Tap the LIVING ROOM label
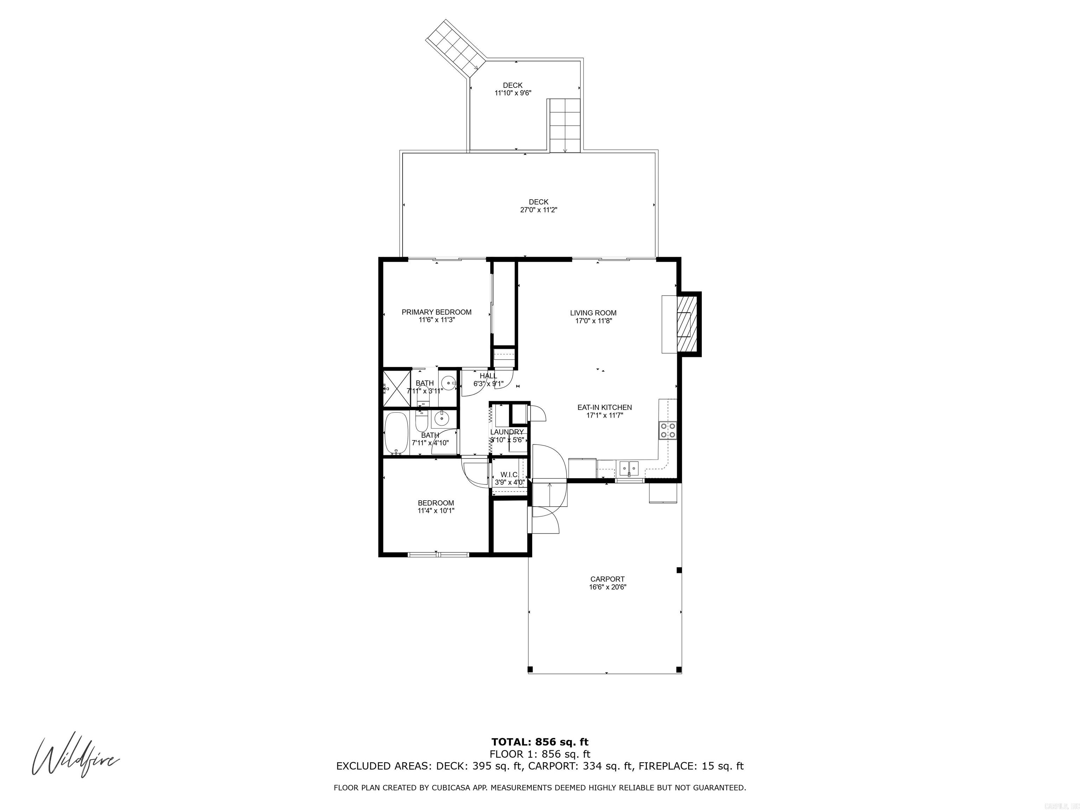pos(593,313)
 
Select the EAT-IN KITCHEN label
pos(604,407)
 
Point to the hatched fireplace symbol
pos(686,323)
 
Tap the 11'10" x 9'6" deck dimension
pos(512,93)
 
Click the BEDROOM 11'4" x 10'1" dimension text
pos(436,511)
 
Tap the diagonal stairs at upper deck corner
pos(454,46)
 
